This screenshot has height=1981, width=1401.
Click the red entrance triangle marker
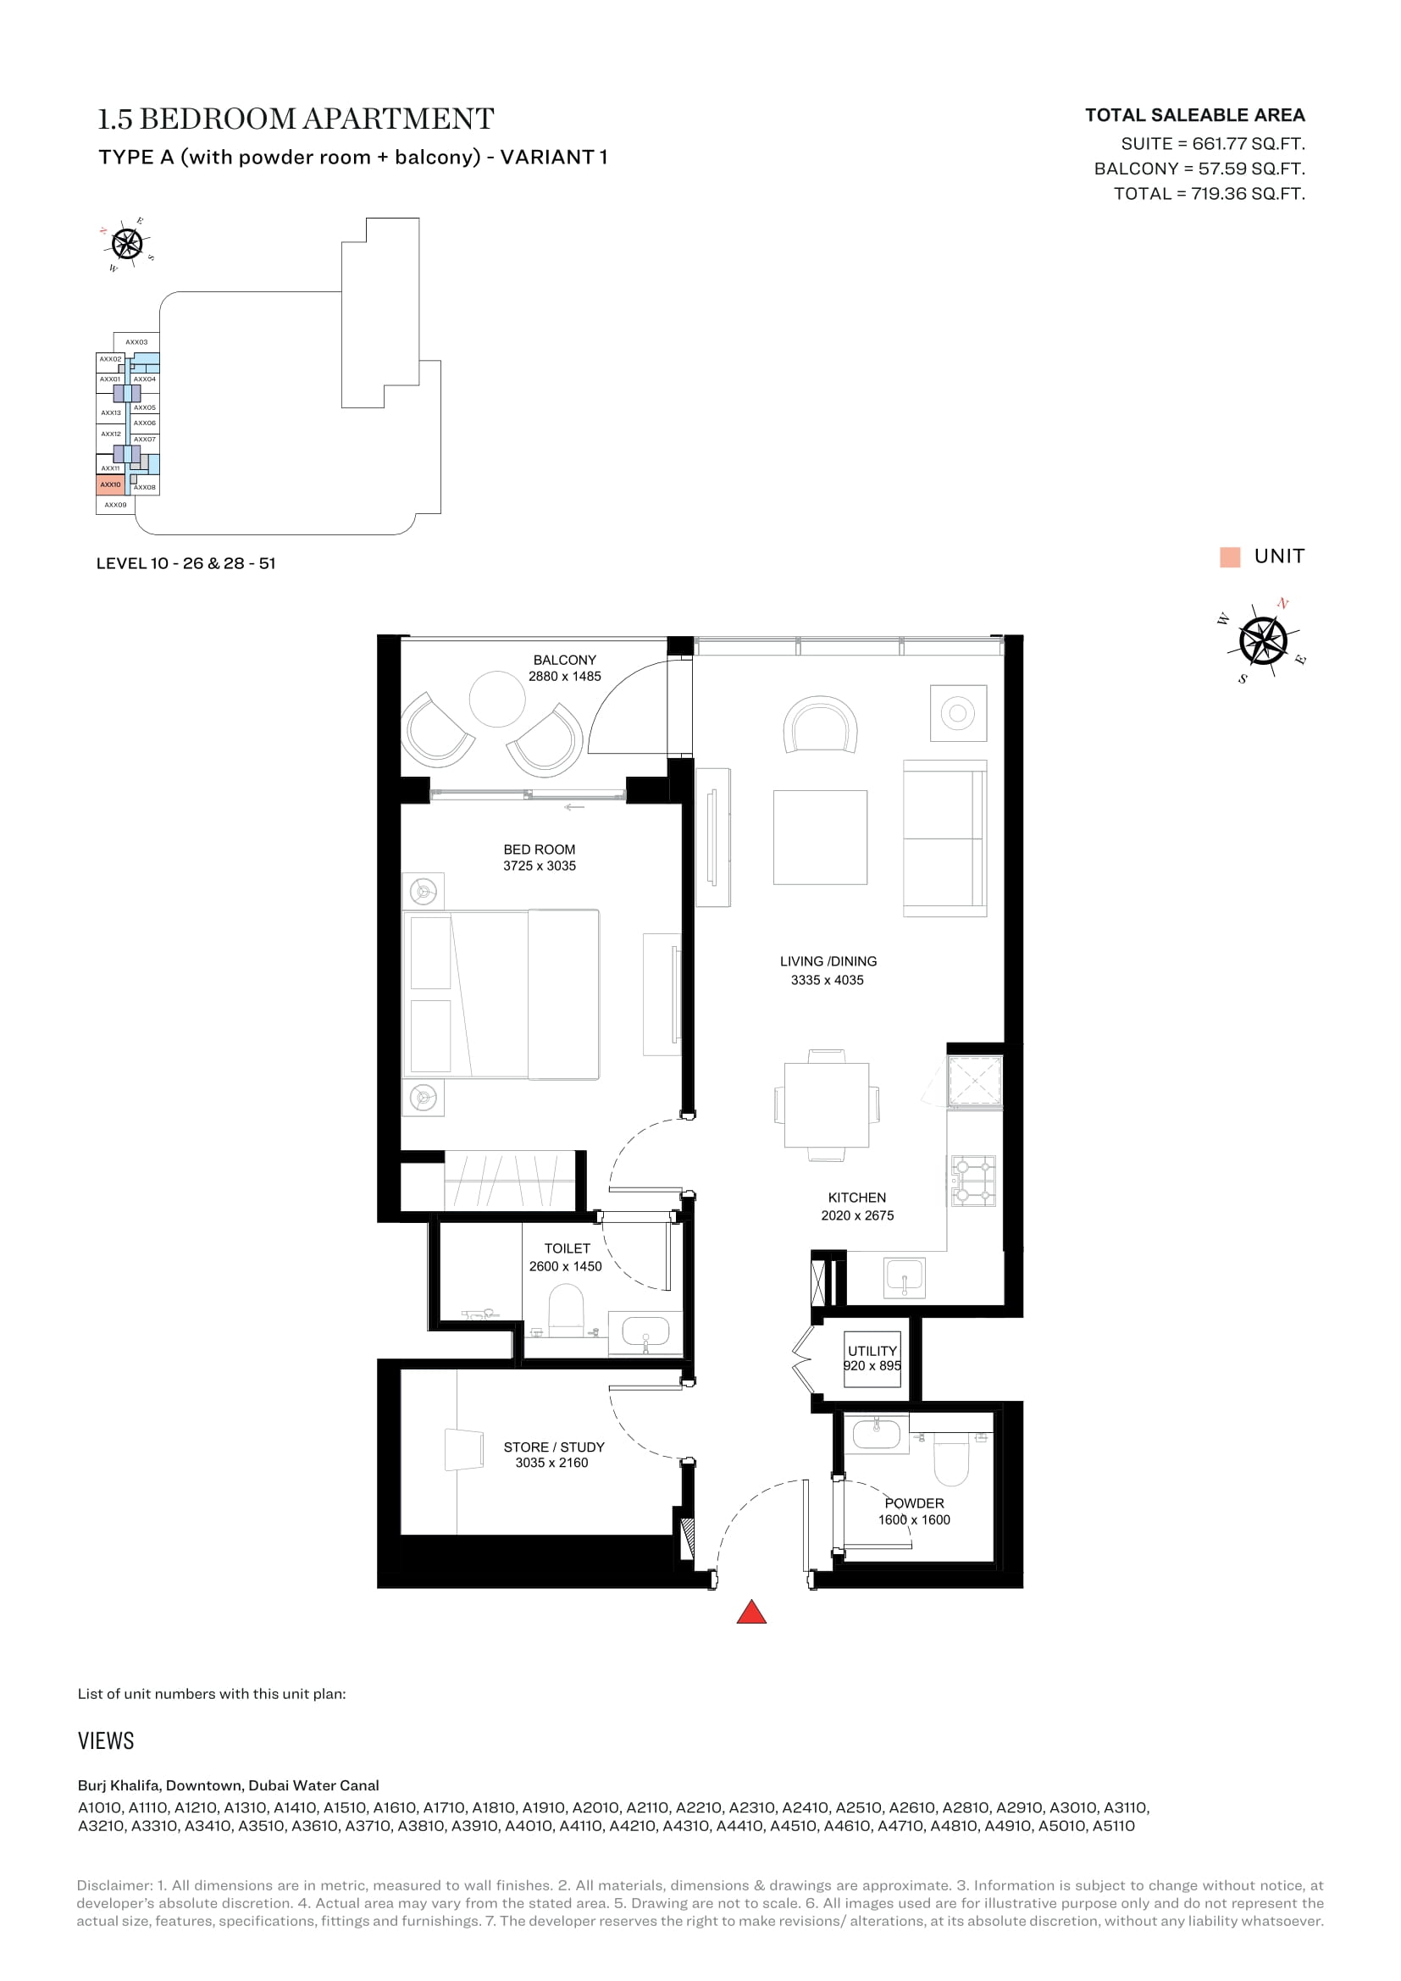tap(751, 1612)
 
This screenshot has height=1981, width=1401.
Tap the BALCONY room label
tap(564, 660)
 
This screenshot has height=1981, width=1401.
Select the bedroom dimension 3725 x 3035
tap(540, 866)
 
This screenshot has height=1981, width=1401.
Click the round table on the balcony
tap(497, 700)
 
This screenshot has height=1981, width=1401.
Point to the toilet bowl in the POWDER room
tap(951, 1458)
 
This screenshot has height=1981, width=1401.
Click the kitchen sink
tap(904, 1278)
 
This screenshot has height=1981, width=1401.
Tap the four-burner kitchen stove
tap(973, 1181)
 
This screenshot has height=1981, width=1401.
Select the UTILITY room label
tap(872, 1351)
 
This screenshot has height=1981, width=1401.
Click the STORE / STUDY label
tap(554, 1447)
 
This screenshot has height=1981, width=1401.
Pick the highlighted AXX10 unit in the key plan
tap(110, 485)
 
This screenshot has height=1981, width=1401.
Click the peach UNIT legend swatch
tap(1230, 556)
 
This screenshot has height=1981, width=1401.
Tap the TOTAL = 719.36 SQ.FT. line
tap(1210, 193)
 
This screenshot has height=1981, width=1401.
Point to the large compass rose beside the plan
tap(1263, 641)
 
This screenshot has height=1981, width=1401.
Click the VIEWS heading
tap(106, 1741)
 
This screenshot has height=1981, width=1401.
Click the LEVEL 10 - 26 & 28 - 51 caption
tap(186, 563)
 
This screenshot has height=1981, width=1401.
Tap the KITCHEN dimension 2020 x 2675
tap(857, 1215)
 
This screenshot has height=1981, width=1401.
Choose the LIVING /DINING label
tap(828, 961)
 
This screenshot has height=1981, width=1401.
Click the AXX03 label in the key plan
tap(136, 342)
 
